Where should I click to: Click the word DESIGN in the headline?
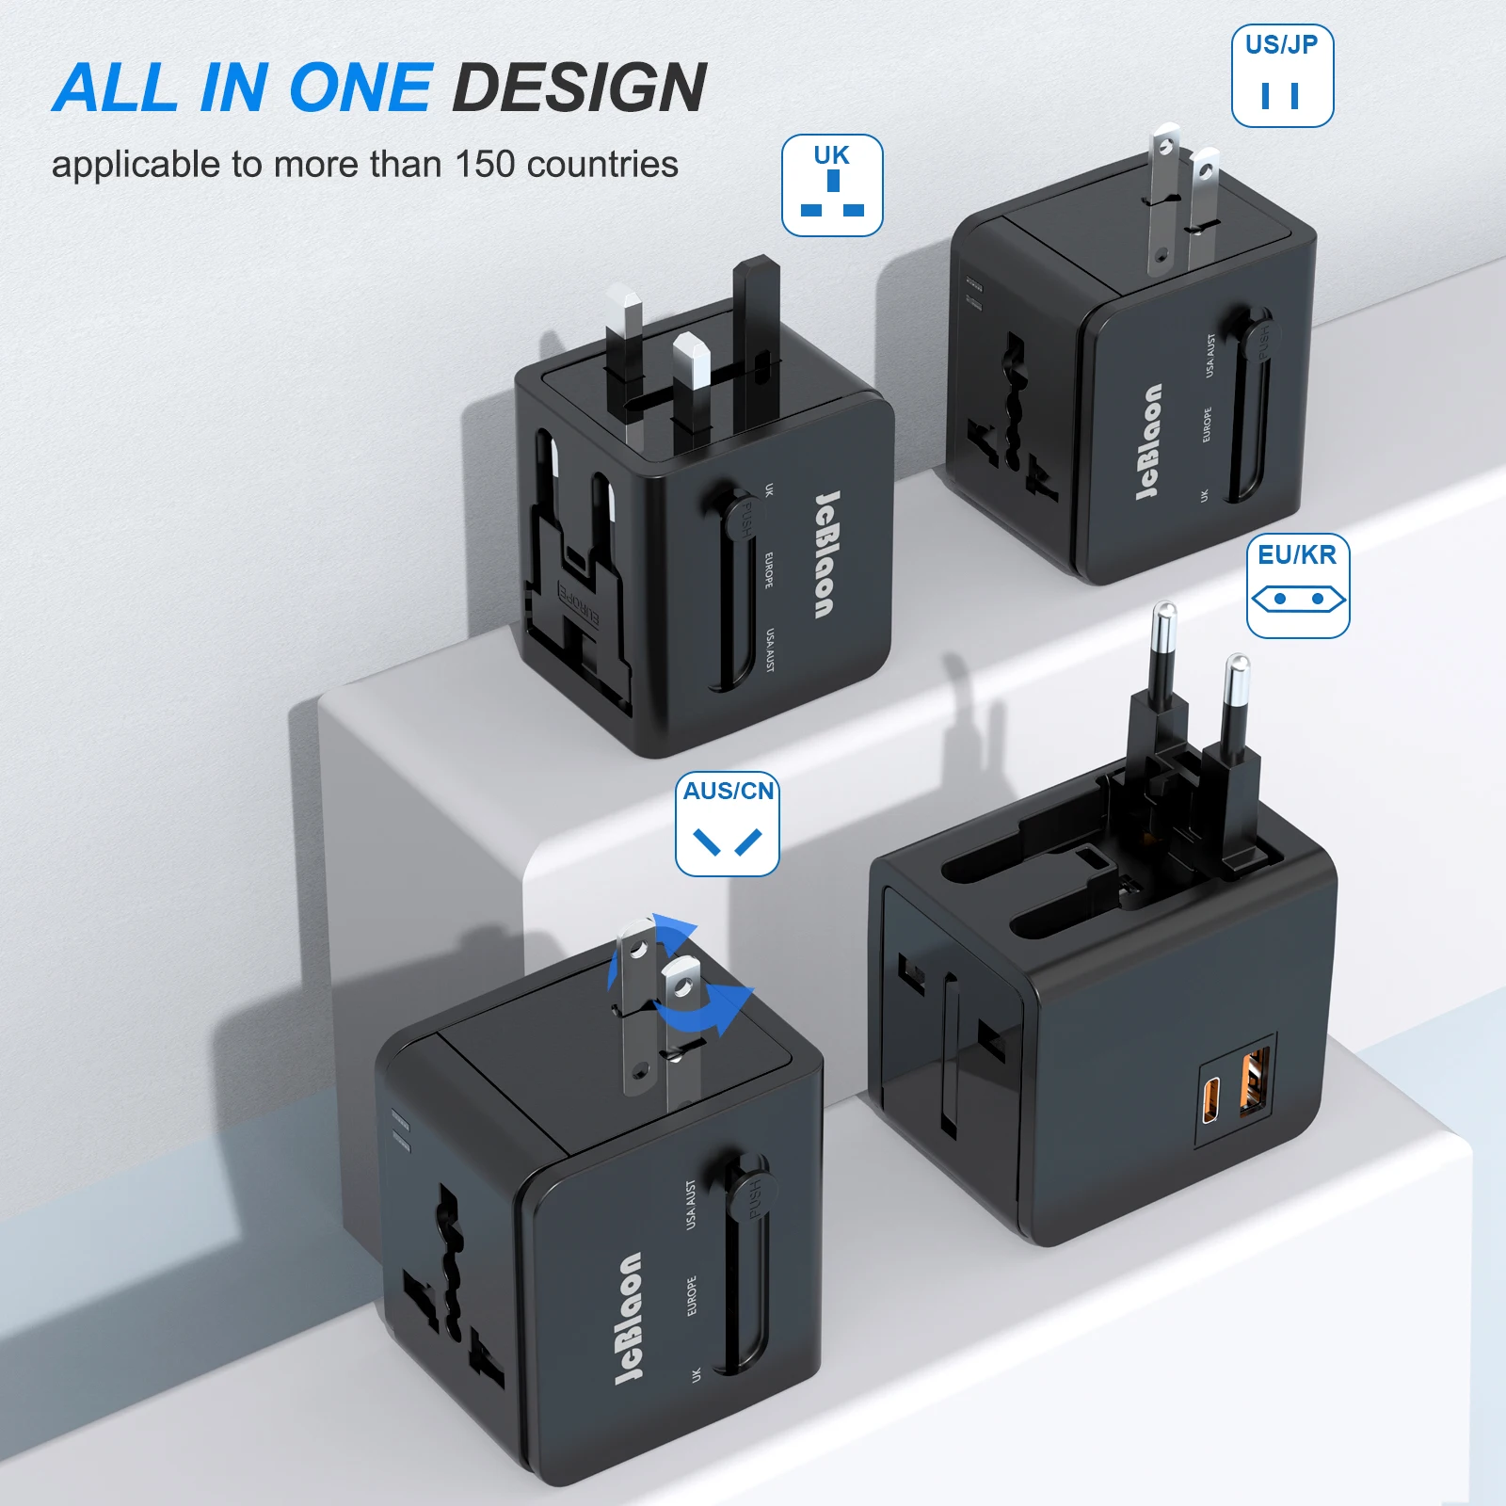[579, 88]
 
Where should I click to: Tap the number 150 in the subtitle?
[485, 165]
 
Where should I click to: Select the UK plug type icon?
[832, 185]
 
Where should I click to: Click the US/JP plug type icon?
[1282, 76]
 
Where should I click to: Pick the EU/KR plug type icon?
[1298, 585]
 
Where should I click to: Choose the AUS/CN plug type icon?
[728, 825]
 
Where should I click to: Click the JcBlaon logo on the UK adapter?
[825, 554]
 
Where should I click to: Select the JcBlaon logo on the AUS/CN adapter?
[629, 1318]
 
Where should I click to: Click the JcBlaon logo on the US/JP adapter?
[1149, 441]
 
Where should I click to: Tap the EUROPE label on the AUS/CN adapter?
[692, 1296]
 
